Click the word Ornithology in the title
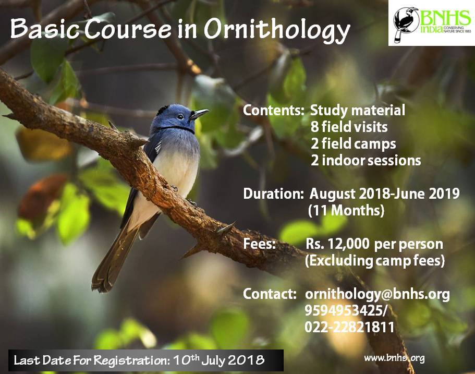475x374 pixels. pos(277,31)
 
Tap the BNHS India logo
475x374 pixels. pos(432,23)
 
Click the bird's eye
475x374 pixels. pos(180,116)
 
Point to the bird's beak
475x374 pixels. pos(199,114)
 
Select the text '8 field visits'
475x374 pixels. pos(349,127)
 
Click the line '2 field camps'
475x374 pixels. pos(353,143)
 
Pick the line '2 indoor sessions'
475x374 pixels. pos(366,160)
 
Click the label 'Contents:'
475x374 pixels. pos(273,110)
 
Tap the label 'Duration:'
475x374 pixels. pos(273,194)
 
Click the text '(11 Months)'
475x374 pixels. pos(346,210)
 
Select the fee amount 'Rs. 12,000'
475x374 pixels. pos(337,244)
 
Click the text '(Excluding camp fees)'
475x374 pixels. pos(375,261)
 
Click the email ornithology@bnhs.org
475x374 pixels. pos(377,294)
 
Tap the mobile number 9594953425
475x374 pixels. pos(344,310)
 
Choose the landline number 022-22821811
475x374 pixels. pos(349,327)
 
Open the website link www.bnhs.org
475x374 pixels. pos(394,358)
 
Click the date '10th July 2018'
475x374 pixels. pos(218,360)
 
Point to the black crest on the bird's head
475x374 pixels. pos(163,108)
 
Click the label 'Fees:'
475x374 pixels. pos(259,244)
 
